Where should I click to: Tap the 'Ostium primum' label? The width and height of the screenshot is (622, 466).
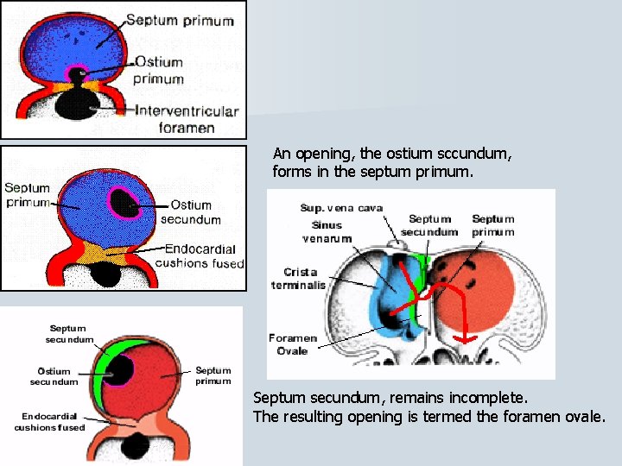point(159,70)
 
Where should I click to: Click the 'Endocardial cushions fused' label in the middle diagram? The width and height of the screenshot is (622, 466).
point(200,256)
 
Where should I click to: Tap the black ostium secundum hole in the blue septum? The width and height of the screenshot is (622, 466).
point(127,204)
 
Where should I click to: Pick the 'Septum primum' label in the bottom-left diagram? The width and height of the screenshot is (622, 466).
point(213,375)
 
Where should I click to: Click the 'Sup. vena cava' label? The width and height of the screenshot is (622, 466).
point(341,208)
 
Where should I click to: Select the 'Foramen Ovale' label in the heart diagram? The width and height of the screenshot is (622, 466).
point(293,344)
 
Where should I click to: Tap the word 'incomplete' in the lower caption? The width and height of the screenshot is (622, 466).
point(491,398)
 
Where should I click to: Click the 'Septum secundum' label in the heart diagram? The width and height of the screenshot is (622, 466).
point(429,225)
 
